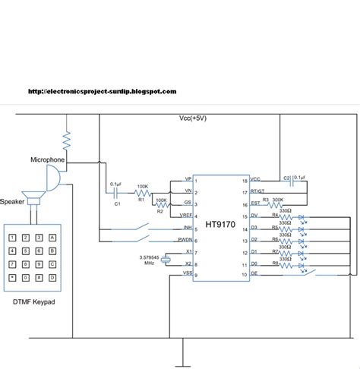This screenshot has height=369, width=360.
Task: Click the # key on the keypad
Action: pos(38,279)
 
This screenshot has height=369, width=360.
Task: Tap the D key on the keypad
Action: pos(52,279)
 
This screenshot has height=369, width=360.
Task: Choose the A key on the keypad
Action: pos(52,238)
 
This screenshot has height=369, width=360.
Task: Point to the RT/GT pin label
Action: pos(257,193)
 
